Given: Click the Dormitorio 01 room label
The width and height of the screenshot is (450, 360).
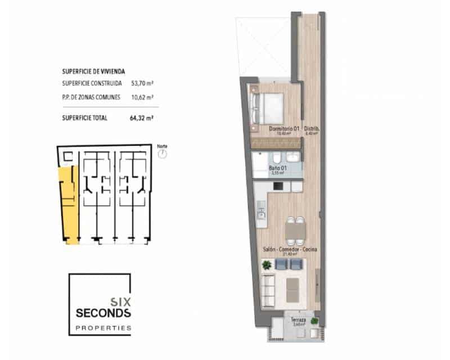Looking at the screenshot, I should pos(283,129).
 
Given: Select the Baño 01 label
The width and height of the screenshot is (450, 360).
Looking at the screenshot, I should pos(278,168).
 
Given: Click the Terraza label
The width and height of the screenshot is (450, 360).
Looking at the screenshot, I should pos(298,320).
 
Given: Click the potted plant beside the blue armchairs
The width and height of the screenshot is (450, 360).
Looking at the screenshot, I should pos(267,264).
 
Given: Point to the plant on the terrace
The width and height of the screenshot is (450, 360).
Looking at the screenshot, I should pos(314,321).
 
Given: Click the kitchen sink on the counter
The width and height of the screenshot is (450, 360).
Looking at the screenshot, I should pos(261,212).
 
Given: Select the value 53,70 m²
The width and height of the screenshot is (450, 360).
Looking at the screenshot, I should pos(142,83).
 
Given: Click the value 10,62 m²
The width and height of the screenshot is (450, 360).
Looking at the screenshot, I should pos(142,97).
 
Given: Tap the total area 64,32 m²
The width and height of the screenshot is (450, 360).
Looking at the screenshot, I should pos(142,118).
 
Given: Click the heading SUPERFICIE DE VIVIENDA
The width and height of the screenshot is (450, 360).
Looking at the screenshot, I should pos(93,72).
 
